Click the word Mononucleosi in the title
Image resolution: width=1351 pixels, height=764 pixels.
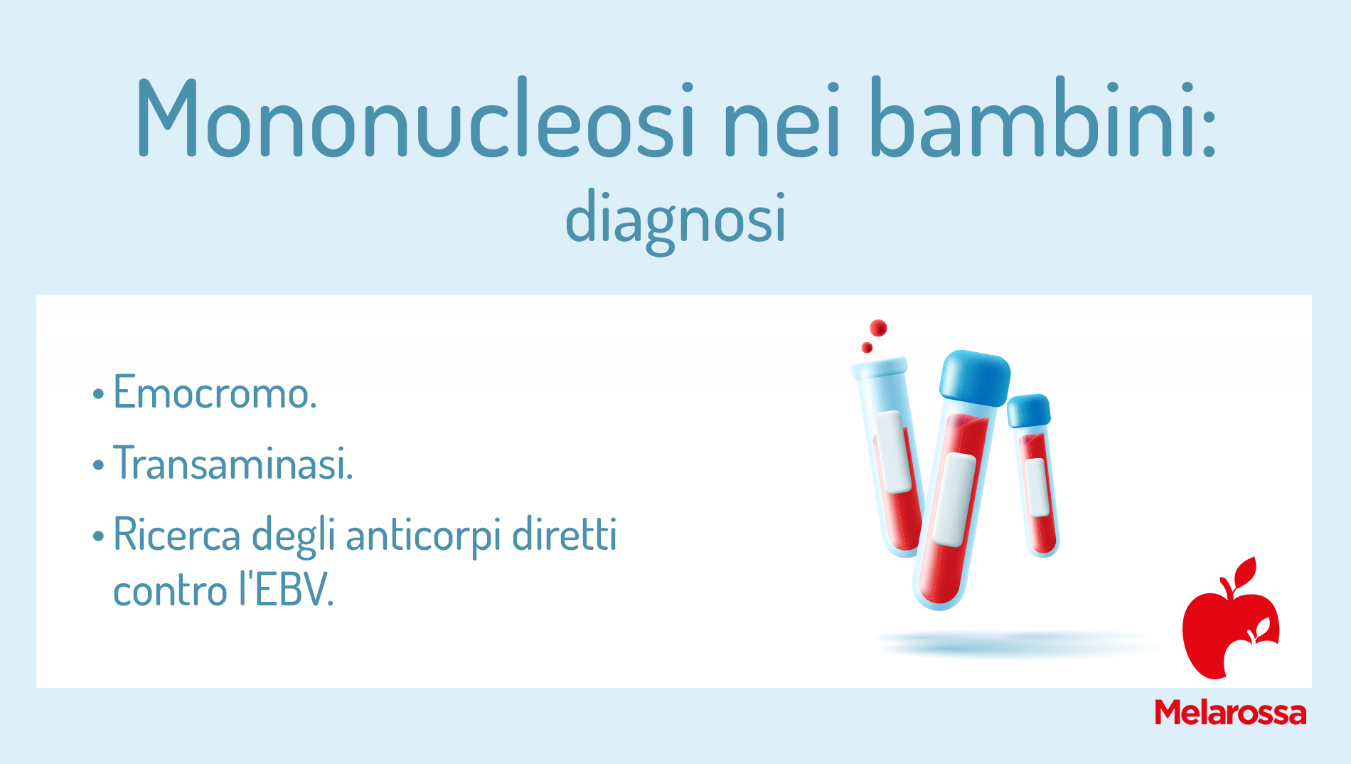pos(415,117)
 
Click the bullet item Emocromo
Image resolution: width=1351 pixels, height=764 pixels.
pos(215,392)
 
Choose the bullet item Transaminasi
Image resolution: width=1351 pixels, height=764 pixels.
pos(233,463)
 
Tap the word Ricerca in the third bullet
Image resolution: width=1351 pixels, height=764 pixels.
pos(177,534)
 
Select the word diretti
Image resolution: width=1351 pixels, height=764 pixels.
pos(565,534)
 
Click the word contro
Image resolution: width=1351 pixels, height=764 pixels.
pos(170,591)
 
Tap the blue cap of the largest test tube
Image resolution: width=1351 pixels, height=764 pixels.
pos(975,378)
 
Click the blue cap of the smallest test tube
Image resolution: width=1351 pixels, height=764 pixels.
pos(1028,410)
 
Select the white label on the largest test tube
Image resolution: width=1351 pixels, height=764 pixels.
pos(954,499)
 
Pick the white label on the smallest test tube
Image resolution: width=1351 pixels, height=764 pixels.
pos(1037,487)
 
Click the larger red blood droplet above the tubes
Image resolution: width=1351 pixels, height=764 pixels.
pos(878,328)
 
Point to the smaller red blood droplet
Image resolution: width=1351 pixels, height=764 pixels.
pos(867,347)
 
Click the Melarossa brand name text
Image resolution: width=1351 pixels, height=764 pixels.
pos(1230,712)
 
